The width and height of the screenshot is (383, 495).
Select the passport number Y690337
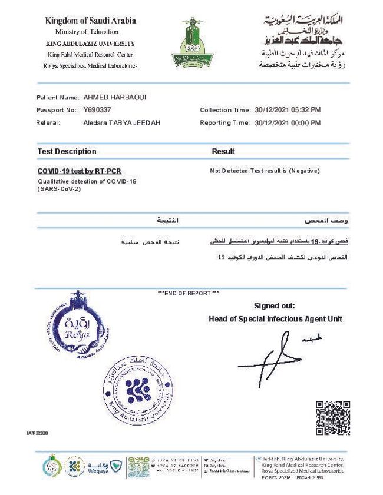pyautogui.click(x=98, y=110)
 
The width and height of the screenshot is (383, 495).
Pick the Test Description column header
pyautogui.click(x=67, y=152)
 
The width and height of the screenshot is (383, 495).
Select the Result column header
pyautogui.click(x=223, y=152)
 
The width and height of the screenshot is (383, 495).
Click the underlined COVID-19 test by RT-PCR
pyautogui.click(x=79, y=171)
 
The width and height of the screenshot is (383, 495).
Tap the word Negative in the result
pyautogui.click(x=303, y=171)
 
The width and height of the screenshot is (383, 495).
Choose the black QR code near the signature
pyautogui.click(x=333, y=417)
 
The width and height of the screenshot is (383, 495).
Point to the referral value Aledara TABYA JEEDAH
pyautogui.click(x=122, y=123)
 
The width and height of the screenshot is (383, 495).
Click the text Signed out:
pyautogui.click(x=274, y=305)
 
